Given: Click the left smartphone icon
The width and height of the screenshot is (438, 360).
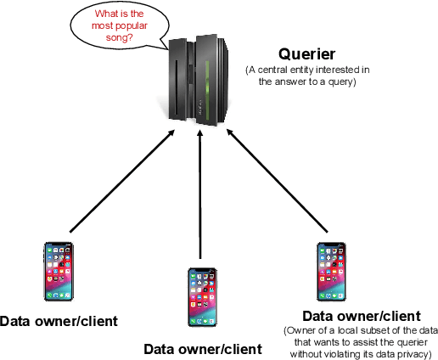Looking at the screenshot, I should [58, 272].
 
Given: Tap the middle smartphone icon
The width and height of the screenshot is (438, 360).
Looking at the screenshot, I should [201, 296].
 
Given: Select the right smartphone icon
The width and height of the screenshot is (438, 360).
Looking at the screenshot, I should [331, 272].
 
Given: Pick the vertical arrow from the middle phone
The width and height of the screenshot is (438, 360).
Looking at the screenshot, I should [200, 195].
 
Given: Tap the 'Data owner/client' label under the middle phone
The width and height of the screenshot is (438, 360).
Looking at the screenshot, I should [203, 348].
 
